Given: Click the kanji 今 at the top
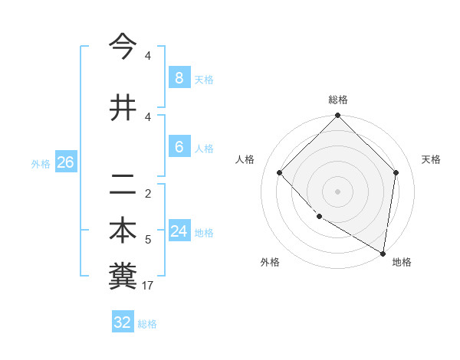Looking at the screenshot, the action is point(123,47).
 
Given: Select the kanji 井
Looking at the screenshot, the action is point(123,107).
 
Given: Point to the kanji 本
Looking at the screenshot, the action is point(123,231).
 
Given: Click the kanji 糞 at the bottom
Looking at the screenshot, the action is point(123,277).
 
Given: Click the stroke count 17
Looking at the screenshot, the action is point(149,286).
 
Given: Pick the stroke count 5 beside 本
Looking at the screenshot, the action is point(148,240).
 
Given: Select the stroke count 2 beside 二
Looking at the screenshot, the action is point(148,193).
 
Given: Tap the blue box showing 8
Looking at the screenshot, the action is point(179,77).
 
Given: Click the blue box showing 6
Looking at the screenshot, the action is point(179,147).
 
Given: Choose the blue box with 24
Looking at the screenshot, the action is point(179,231).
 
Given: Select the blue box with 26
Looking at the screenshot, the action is point(65,162).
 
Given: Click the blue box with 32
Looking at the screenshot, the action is point(123,322).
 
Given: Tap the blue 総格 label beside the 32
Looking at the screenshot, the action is point(147,324).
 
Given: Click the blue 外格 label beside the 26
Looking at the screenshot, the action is point(41,163).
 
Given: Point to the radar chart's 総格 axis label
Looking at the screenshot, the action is point(338,100).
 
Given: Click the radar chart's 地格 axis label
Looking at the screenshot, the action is point(402,262).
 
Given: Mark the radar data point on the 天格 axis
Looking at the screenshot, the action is point(396,172).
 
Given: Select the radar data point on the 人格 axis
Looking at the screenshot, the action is point(280,172).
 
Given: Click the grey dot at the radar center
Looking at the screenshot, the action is point(338,191).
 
